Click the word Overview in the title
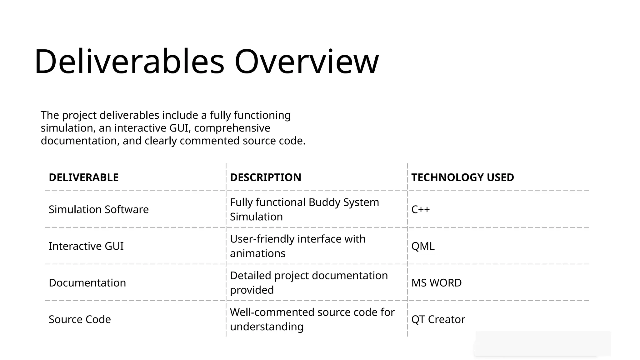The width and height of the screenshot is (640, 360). click(307, 62)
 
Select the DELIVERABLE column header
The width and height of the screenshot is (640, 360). click(84, 177)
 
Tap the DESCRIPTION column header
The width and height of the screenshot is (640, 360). click(266, 177)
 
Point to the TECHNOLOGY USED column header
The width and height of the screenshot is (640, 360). click(462, 177)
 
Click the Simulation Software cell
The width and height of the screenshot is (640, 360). click(99, 209)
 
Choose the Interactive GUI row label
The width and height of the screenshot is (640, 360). click(86, 246)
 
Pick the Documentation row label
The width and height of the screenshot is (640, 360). click(87, 283)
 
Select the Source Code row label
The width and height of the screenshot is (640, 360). click(80, 319)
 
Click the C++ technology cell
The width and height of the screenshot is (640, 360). click(421, 209)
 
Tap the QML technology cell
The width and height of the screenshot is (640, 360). click(423, 246)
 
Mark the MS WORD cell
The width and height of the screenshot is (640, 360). click(437, 283)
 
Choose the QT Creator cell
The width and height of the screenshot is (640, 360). click(438, 319)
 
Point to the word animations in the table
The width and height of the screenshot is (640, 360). click(258, 253)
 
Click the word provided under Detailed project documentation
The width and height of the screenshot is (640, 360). click(252, 290)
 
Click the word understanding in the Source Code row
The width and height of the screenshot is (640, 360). click(267, 327)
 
